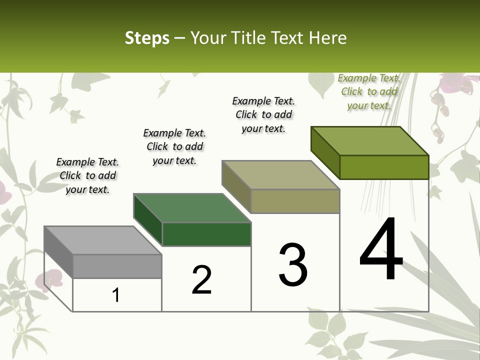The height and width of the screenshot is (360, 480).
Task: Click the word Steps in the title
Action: (146, 38)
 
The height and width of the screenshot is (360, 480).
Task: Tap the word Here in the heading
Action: (327, 38)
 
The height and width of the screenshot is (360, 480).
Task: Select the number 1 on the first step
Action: (116, 295)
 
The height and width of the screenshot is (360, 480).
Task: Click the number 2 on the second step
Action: (202, 280)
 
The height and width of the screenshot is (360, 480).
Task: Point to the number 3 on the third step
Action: (293, 265)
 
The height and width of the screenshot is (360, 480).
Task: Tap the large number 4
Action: (381, 250)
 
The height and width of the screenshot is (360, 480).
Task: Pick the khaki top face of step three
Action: (280, 175)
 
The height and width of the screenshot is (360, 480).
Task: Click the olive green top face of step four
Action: (369, 141)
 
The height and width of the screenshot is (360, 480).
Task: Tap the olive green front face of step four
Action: (384, 167)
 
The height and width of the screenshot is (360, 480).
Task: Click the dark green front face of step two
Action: (206, 234)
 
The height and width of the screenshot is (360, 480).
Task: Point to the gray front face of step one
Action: (117, 266)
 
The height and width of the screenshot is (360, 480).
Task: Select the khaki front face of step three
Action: (295, 201)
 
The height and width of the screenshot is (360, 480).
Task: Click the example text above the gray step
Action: (87, 175)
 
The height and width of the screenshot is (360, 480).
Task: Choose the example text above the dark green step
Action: (174, 146)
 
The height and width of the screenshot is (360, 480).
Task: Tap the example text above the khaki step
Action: (263, 114)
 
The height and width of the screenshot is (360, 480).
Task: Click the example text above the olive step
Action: (369, 91)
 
